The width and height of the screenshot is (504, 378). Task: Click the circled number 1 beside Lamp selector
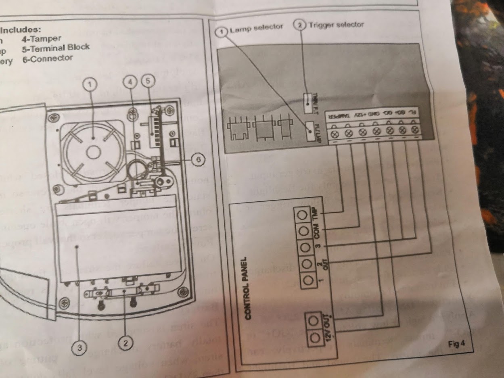point(221,31)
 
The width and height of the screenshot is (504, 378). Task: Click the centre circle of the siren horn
point(93,152)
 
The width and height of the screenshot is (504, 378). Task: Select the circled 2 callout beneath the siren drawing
point(125,343)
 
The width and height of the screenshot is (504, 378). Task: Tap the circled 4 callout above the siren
point(130,82)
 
